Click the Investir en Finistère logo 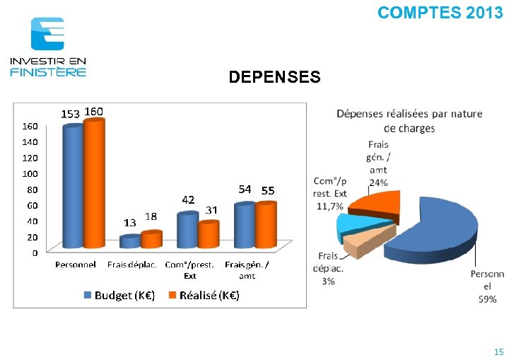pos(48,47)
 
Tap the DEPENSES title pos(274,76)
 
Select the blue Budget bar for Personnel pos(73,187)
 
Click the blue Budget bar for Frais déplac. pos(130,242)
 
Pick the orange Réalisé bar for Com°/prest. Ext pos(208,234)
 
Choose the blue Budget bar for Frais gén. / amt pos(245,226)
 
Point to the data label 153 pos(70,113)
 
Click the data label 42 pos(189,199)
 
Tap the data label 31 pos(211,210)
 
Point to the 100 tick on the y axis pos(30,173)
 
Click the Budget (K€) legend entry pos(119,296)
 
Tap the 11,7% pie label pos(330,206)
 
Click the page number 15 pos(498,352)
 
